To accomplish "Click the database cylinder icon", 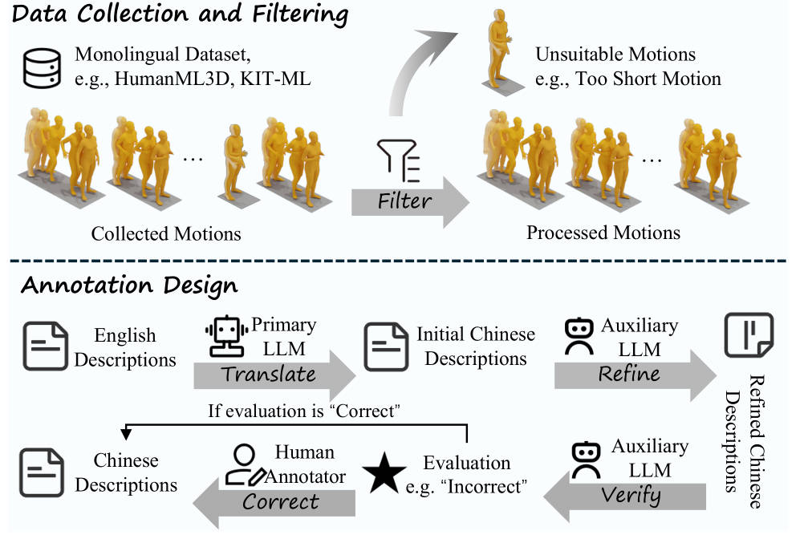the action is point(42,68).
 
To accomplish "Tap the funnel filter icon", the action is point(399,161).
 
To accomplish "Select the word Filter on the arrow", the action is point(404,201).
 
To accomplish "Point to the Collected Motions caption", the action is point(166,233).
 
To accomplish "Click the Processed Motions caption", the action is point(603,233).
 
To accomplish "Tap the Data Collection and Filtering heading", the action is point(180,14).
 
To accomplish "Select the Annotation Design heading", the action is point(129,286).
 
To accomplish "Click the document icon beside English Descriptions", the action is point(46,346).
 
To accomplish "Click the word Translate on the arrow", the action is point(268,375).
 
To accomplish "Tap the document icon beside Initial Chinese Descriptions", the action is point(386,346).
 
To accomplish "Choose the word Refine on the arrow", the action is point(628,374).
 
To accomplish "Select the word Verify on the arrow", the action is point(631,496).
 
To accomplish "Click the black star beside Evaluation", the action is point(384,472).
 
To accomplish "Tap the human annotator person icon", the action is point(244,464).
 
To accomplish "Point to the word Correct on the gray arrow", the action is point(281,501).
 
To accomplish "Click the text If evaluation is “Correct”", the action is point(303,411).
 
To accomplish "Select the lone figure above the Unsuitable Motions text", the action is point(500,51).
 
